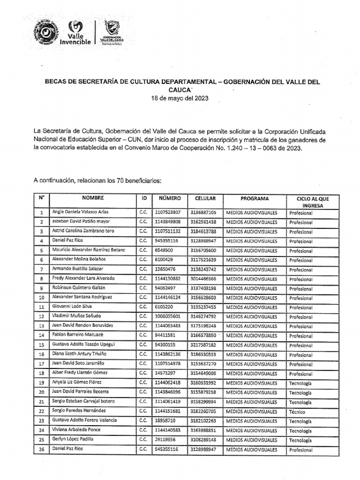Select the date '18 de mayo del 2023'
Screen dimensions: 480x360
(x=180, y=99)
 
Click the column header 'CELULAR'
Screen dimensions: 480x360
(x=205, y=198)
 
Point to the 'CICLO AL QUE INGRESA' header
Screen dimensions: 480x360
(x=312, y=202)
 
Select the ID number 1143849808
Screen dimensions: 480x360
(x=167, y=222)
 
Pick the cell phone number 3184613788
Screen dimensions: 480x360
(x=203, y=231)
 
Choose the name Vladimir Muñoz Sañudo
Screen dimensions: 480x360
(x=76, y=316)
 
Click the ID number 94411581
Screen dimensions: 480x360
(x=165, y=336)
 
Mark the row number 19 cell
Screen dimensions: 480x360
(x=41, y=383)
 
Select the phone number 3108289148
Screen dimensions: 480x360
(x=203, y=440)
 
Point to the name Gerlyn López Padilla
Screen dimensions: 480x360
(x=73, y=440)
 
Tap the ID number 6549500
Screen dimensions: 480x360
(x=163, y=250)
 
